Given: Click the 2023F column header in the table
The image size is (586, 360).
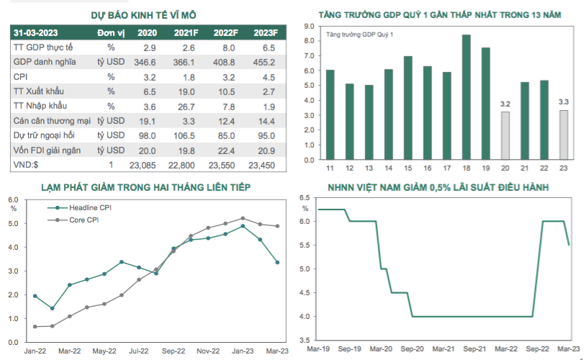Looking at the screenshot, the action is (x=266, y=33).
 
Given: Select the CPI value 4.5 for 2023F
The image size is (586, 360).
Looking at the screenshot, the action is (x=269, y=77).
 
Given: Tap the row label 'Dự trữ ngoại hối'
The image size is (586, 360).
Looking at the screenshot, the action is (x=44, y=135).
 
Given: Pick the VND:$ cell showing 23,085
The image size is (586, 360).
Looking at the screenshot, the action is (x=143, y=165).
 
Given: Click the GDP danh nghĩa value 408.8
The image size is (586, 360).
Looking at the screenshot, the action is (x=224, y=63).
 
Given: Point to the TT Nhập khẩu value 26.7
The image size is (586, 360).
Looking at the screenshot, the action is (x=186, y=107).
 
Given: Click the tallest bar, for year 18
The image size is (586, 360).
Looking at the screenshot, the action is (x=466, y=98).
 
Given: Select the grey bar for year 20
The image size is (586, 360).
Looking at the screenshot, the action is (x=505, y=136).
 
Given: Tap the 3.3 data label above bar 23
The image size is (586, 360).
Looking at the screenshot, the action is (x=563, y=102).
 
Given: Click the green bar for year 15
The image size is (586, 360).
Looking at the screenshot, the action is (x=407, y=108).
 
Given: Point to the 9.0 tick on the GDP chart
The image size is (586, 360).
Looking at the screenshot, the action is (x=309, y=26).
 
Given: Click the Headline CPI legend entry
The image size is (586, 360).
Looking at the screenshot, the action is (x=80, y=207).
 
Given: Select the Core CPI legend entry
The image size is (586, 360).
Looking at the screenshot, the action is (x=73, y=220).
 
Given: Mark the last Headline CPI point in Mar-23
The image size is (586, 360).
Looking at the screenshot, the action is (x=277, y=262).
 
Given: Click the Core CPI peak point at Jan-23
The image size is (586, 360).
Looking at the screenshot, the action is (x=243, y=218).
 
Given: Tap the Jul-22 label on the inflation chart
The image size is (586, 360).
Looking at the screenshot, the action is (x=139, y=351).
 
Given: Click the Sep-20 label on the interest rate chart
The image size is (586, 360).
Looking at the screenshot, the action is (x=412, y=348).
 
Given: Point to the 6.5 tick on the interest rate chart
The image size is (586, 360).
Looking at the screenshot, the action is (x=305, y=197).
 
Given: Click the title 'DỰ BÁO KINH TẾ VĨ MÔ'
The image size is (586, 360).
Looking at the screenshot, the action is (x=143, y=15).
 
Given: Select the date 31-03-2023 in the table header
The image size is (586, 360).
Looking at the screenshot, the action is (x=35, y=33).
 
